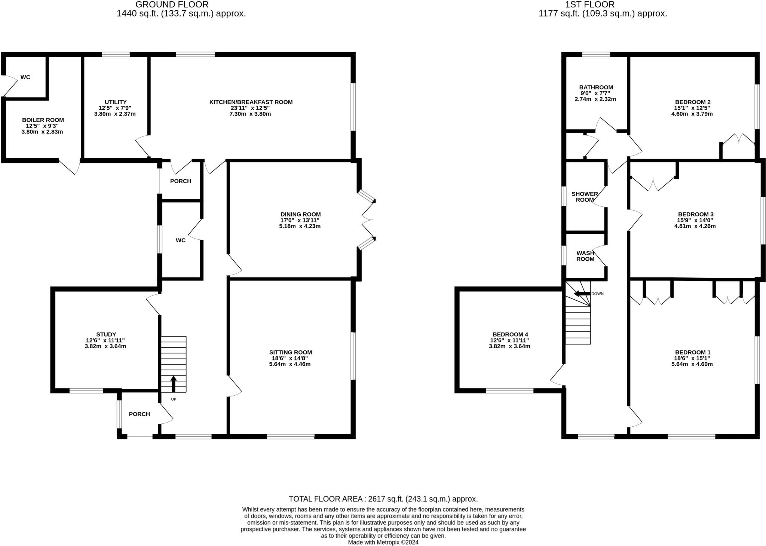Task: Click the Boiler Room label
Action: click(x=43, y=120)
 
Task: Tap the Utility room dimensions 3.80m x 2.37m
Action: click(x=115, y=114)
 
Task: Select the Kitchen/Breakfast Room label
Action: click(x=251, y=102)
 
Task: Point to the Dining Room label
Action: click(x=300, y=214)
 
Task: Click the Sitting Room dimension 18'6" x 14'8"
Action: click(x=290, y=358)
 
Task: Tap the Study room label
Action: click(x=106, y=334)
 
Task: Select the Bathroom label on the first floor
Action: click(x=596, y=88)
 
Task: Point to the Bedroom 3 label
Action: click(x=695, y=214)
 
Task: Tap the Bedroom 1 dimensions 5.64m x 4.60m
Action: click(x=692, y=364)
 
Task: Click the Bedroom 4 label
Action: click(x=510, y=334)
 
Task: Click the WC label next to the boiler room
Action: click(x=25, y=77)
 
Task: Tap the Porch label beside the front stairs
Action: click(x=139, y=414)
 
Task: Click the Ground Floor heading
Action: click(x=172, y=4)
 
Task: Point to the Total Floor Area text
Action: click(x=383, y=499)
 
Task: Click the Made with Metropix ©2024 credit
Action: click(x=383, y=542)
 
